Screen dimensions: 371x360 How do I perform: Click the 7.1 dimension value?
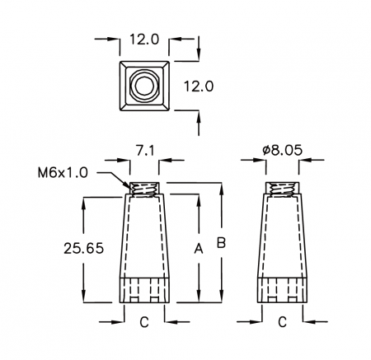pos(145,151)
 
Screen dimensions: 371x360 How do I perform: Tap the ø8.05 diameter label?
pos(282,150)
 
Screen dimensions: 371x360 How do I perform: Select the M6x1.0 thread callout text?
pos(63,173)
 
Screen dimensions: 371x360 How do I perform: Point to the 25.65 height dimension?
pos(84,248)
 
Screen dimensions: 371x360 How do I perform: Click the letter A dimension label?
pos(199,249)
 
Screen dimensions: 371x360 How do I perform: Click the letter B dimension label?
pos(221,243)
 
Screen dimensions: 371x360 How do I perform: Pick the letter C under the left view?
pos(144,322)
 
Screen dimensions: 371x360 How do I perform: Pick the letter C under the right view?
pos(282,322)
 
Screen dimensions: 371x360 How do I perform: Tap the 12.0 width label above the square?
pos(144,40)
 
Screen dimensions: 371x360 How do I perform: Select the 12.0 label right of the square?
pos(199,86)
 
